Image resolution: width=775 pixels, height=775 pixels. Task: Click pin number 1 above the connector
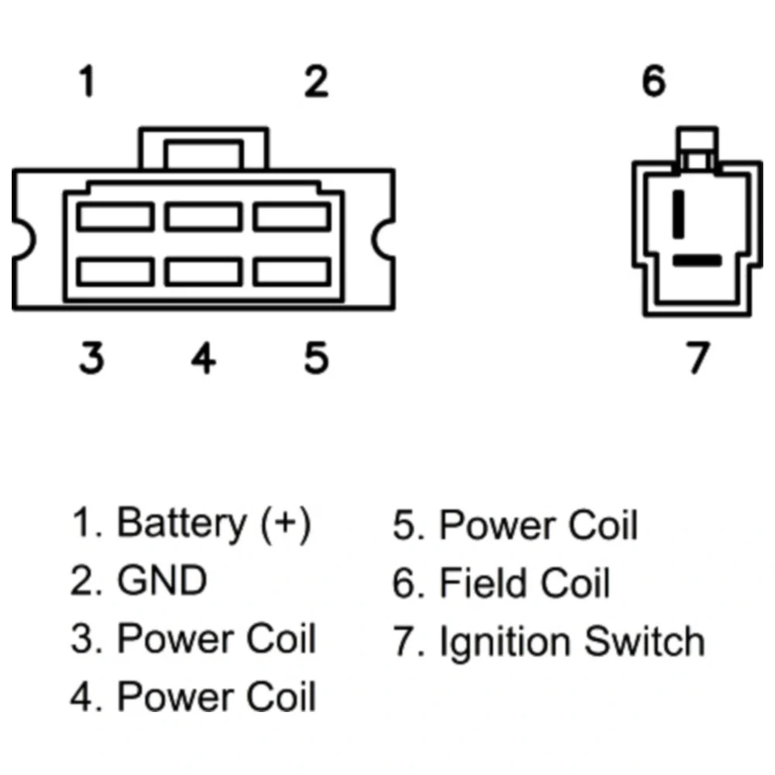[x=88, y=82]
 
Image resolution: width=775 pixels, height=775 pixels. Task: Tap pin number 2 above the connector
[x=315, y=82]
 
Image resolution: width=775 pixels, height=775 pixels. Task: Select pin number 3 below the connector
[x=91, y=358]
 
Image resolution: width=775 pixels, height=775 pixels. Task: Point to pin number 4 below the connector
[x=203, y=358]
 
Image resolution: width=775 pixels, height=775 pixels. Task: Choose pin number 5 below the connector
[x=315, y=358]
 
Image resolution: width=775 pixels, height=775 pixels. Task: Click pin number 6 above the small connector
[x=654, y=81]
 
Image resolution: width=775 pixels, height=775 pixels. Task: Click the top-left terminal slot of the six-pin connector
[x=115, y=216]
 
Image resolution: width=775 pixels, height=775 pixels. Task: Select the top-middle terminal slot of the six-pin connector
[x=203, y=216]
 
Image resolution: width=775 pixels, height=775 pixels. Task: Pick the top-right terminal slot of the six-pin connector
[x=291, y=216]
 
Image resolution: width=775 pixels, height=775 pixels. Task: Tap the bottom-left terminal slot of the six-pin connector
[x=115, y=271]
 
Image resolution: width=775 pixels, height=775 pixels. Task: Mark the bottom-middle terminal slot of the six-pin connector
[x=203, y=271]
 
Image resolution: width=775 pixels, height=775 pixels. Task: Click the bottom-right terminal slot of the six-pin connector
[x=291, y=271]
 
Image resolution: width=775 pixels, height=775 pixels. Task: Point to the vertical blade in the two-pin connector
[x=680, y=212]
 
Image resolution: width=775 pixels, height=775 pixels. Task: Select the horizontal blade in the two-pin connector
[x=697, y=260]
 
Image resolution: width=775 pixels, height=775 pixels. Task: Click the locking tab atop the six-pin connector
[x=203, y=150]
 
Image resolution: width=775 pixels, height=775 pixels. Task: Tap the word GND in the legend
[x=162, y=581]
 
